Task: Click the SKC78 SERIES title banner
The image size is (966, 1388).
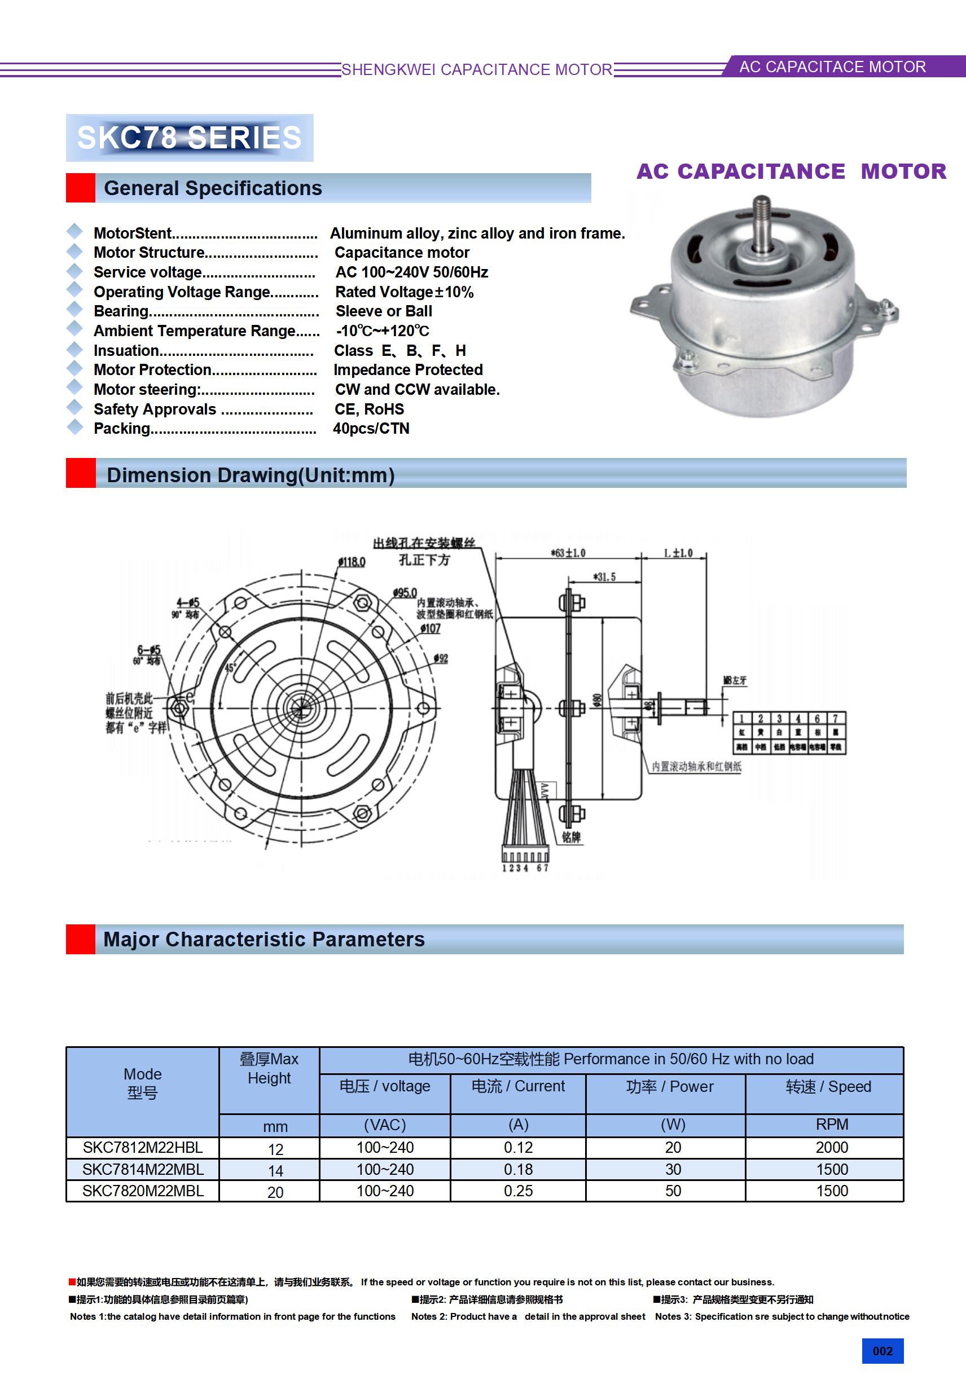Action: click(x=190, y=137)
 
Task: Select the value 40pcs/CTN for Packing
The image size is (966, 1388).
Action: click(x=371, y=429)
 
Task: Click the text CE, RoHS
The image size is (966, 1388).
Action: click(x=369, y=409)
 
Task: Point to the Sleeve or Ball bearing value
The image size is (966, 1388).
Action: click(x=384, y=311)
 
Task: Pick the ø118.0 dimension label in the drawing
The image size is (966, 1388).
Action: click(x=352, y=562)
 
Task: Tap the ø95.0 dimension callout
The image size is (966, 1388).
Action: click(x=405, y=593)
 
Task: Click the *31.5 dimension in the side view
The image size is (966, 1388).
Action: click(x=604, y=577)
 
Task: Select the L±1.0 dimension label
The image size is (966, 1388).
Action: click(x=678, y=553)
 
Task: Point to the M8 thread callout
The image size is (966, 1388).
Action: click(x=735, y=680)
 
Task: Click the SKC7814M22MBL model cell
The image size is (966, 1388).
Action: click(x=143, y=1169)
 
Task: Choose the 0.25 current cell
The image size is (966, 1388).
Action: click(x=519, y=1191)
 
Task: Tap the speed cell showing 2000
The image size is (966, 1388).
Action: click(x=832, y=1147)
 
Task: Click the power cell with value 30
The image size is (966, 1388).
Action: click(x=673, y=1169)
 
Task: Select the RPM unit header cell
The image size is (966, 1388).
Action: click(x=832, y=1125)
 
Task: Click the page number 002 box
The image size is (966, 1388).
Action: click(x=882, y=1351)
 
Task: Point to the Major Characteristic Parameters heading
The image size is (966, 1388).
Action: click(x=264, y=940)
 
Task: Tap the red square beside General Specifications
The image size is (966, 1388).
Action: click(x=81, y=188)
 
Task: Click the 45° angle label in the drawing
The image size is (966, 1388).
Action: click(x=230, y=668)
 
